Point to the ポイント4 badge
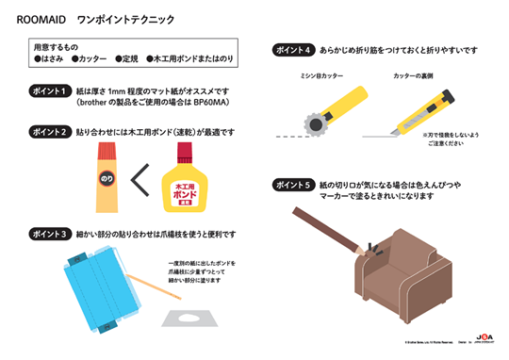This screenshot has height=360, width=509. (x=295, y=49)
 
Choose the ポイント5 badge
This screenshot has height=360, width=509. (x=295, y=184)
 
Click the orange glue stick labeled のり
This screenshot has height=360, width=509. (x=107, y=176)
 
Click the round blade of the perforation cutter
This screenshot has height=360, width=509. (x=312, y=123)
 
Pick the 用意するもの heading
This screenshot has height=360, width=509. (x=53, y=45)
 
